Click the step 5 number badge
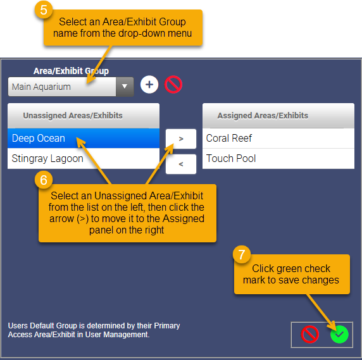44,10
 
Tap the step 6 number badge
44,180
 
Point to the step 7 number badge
242,254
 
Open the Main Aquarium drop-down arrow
125,87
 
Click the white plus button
149,84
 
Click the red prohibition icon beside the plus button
173,84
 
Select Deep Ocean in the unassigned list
39,138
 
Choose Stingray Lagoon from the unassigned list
47,159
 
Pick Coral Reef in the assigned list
229,138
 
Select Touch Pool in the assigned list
231,159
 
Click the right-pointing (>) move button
181,139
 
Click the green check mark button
339,335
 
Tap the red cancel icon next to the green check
310,335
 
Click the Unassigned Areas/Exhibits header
73,116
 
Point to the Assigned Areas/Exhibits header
263,116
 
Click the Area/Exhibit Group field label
71,71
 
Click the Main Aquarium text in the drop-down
41,87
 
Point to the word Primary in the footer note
166,326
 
